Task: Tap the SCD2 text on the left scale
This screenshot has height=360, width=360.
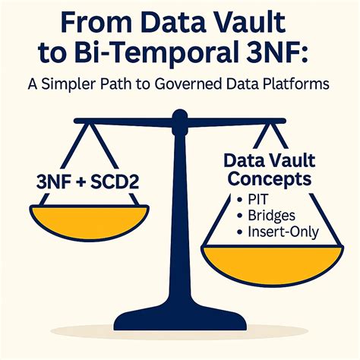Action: click(x=115, y=182)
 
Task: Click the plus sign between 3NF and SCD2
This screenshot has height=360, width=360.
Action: click(x=81, y=183)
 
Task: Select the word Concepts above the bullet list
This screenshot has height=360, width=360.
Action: click(x=270, y=179)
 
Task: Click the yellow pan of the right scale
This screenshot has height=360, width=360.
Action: click(x=273, y=264)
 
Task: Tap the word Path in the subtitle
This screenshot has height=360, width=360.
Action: click(x=117, y=84)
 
